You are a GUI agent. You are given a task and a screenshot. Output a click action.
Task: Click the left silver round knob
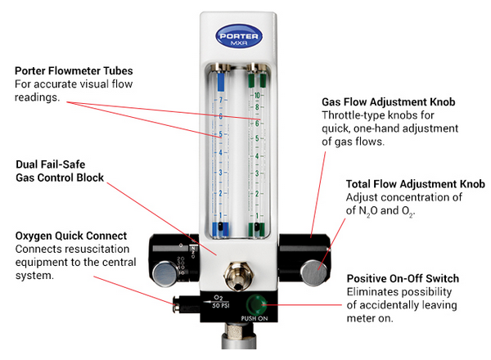click(167, 272)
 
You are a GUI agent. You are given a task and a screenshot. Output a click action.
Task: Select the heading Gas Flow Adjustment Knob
click(389, 102)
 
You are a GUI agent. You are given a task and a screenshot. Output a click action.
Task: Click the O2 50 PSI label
click(218, 303)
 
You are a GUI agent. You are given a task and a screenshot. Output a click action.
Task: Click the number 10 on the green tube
click(257, 95)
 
